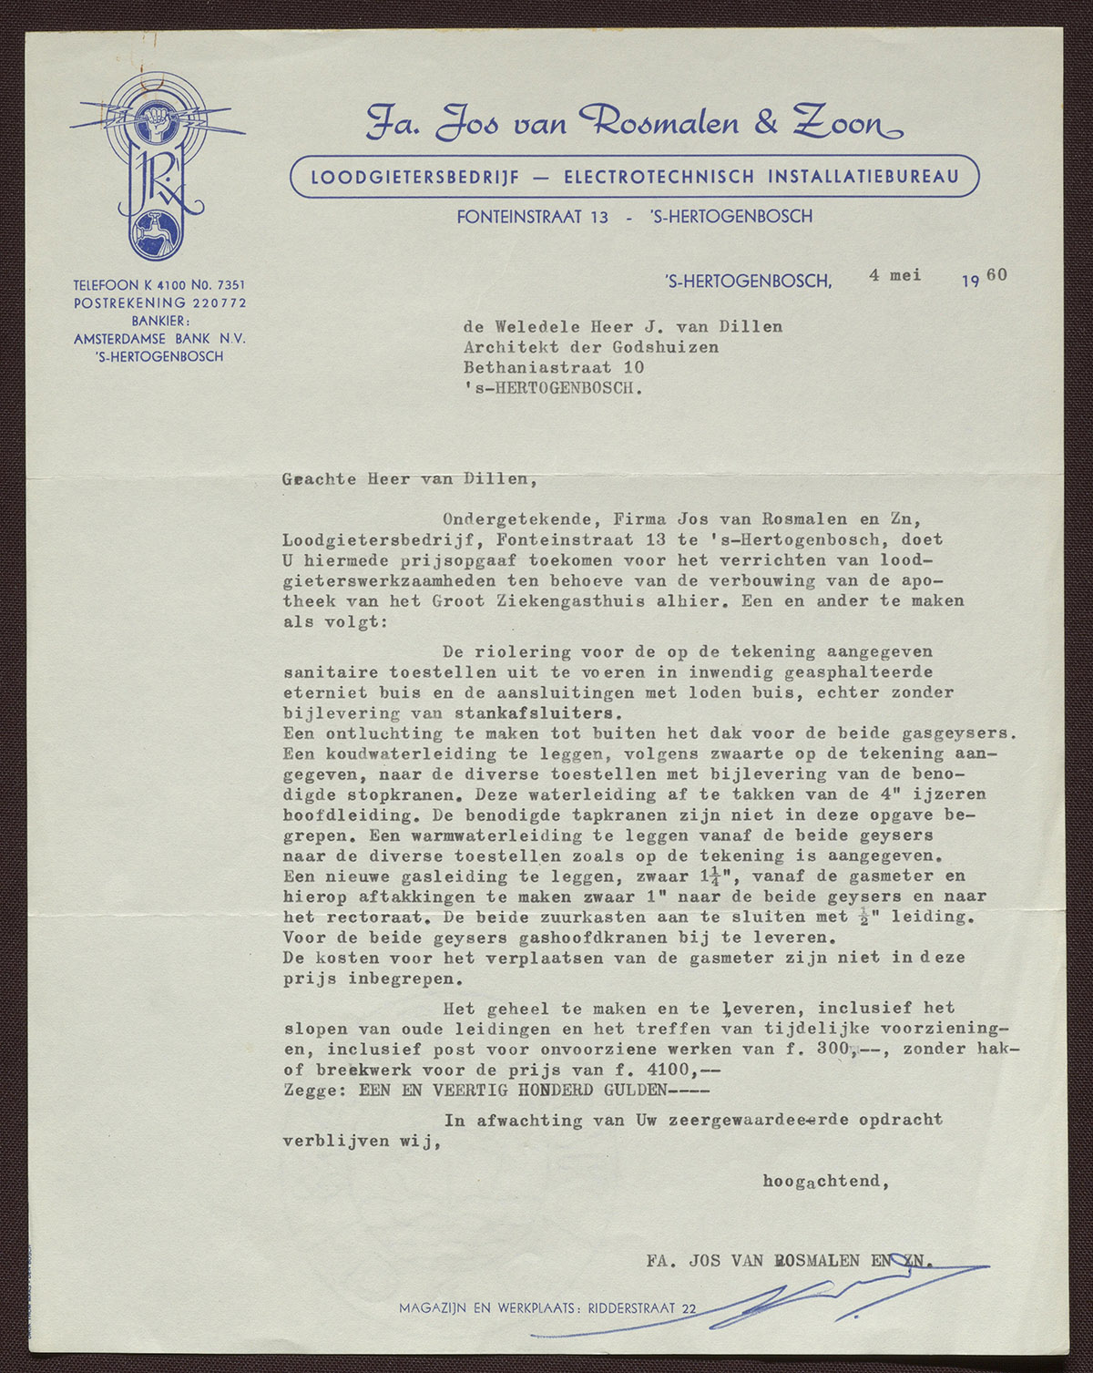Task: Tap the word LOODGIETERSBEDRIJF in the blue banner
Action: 415,177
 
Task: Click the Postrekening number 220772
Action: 217,302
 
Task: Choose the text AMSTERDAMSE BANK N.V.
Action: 159,338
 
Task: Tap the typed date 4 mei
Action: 894,275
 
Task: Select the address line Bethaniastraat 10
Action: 554,367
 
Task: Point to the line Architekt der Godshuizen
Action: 590,347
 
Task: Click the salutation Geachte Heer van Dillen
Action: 404,478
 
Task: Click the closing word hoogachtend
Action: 824,1182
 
